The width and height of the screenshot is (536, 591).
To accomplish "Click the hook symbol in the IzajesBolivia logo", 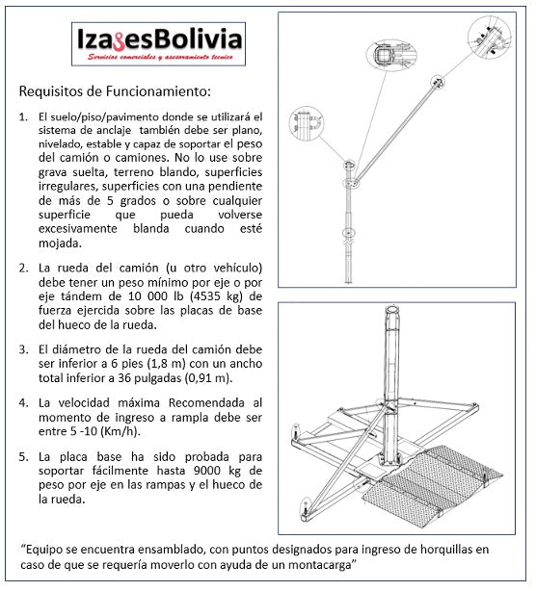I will pos(121,44).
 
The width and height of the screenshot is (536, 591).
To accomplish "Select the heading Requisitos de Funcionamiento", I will pos(114,92).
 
